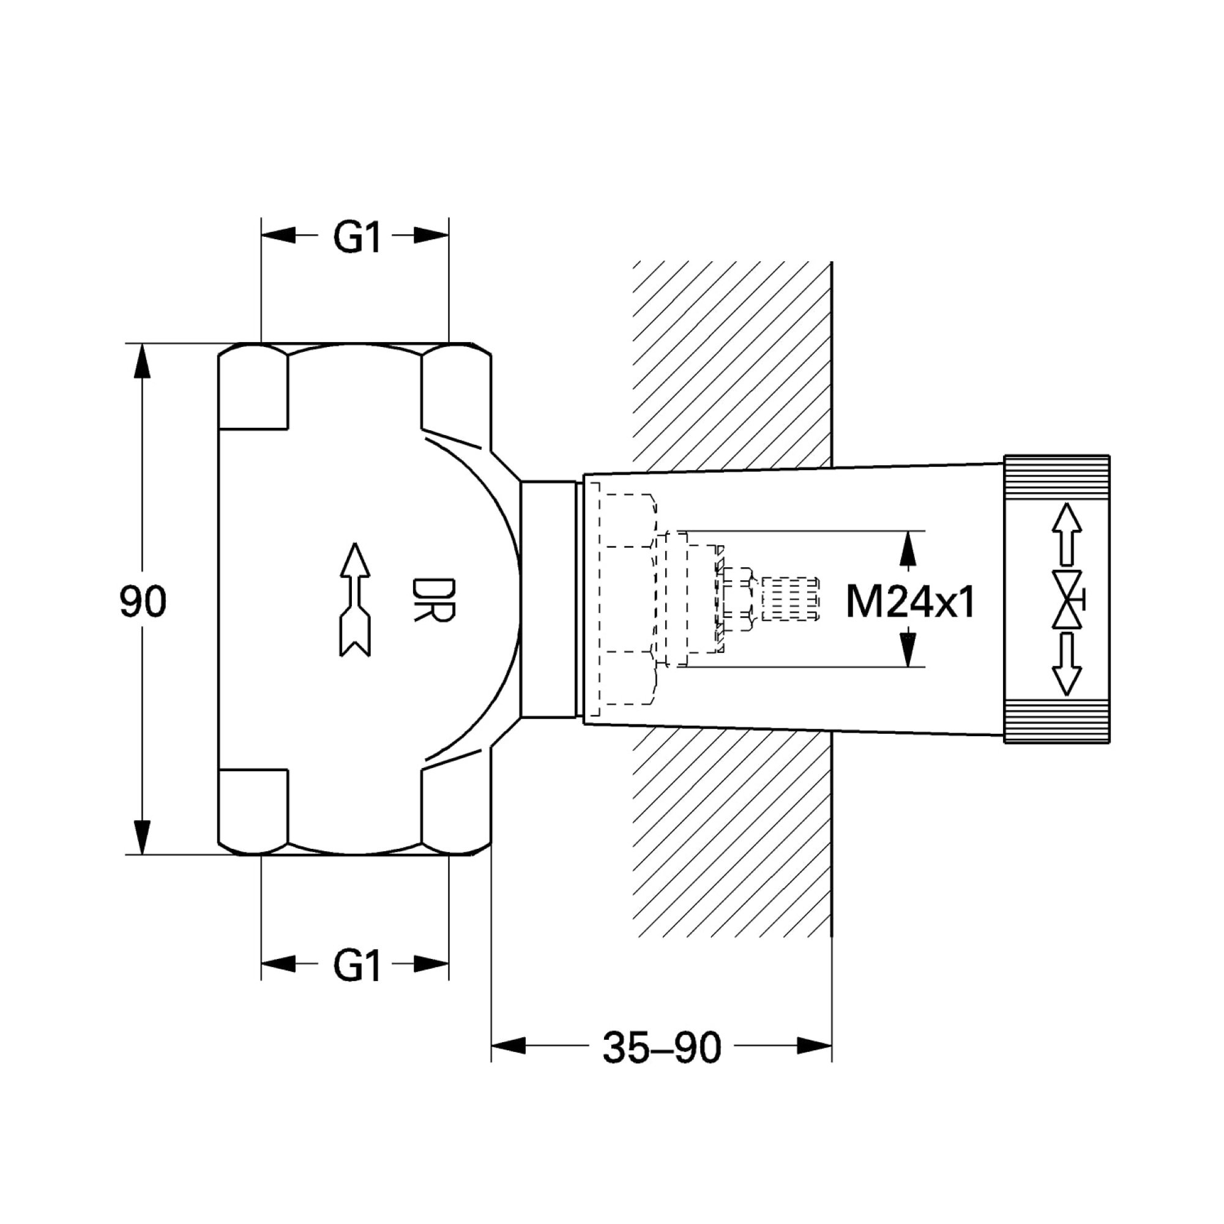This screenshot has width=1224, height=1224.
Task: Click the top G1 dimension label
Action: click(357, 239)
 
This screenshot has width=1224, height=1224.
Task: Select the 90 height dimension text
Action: click(143, 602)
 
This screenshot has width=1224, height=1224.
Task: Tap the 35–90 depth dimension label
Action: click(662, 1047)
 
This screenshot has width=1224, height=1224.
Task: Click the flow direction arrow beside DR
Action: click(356, 599)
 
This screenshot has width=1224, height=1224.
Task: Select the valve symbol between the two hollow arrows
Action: click(1069, 599)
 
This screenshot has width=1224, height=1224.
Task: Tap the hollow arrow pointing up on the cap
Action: click(1067, 534)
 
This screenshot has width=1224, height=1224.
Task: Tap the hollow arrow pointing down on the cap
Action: click(1067, 664)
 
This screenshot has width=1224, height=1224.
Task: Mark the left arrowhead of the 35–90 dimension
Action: click(509, 1045)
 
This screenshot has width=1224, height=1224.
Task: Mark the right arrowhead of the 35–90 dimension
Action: click(814, 1045)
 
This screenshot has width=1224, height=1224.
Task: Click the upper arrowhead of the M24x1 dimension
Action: click(908, 548)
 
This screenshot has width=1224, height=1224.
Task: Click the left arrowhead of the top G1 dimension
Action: click(278, 236)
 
